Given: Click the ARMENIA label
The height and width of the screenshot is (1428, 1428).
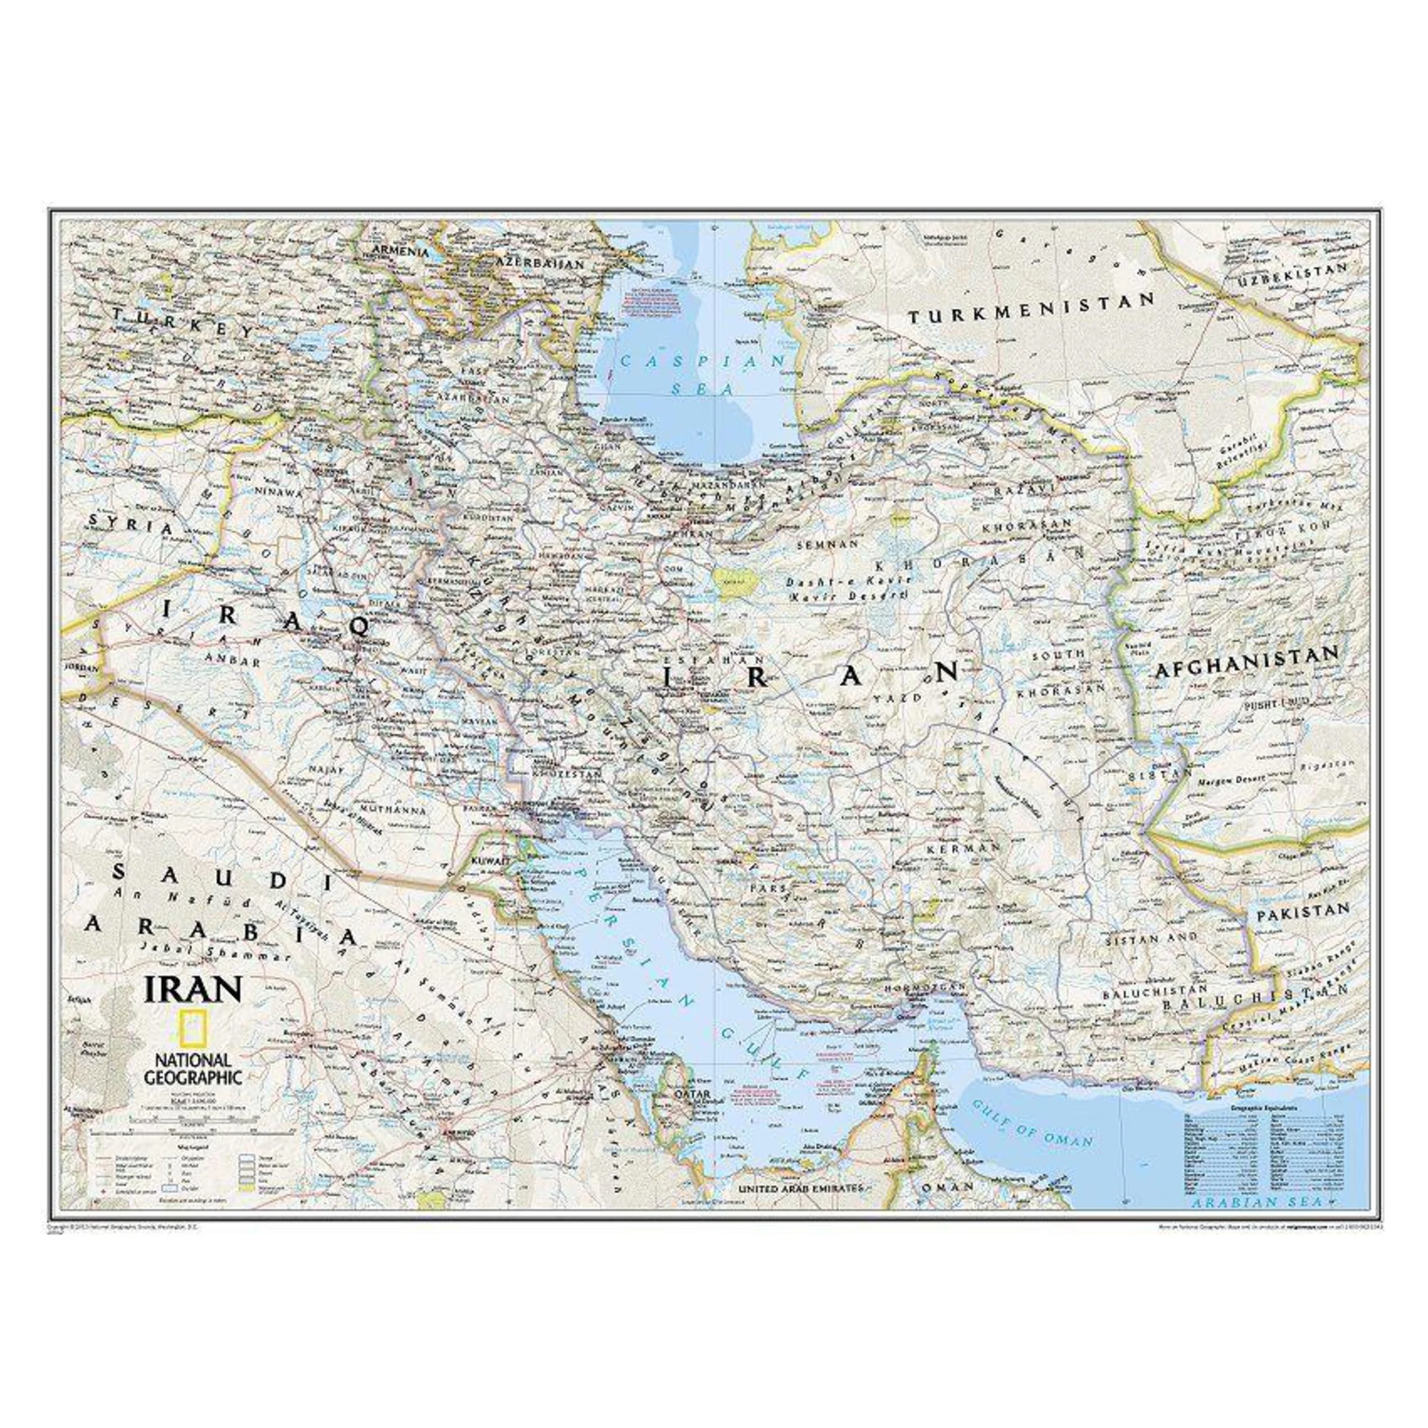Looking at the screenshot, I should (400, 251).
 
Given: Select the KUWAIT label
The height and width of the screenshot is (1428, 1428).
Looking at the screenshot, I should (491, 861).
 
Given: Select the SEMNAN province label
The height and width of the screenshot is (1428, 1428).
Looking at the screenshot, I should (827, 564).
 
